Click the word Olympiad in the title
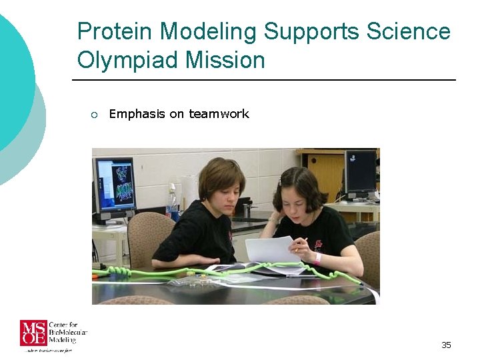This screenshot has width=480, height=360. point(124,60)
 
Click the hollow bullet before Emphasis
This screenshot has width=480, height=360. point(94,115)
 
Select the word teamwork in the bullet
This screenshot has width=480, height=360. point(219,114)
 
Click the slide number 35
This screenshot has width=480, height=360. point(446,345)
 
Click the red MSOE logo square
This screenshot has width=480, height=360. point(33,333)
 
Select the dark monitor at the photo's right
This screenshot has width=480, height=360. point(360,173)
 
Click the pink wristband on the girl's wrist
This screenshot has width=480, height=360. point(319,257)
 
